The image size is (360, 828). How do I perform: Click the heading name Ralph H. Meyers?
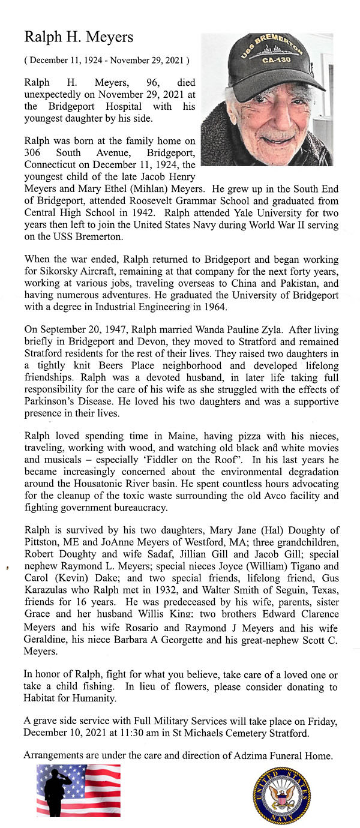click(x=79, y=37)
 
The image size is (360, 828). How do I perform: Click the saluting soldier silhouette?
click(x=58, y=791)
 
